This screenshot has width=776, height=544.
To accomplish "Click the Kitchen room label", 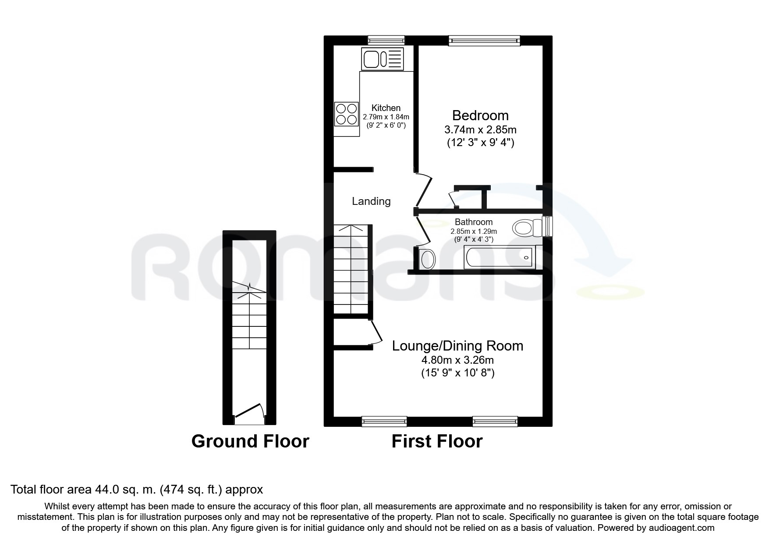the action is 386,108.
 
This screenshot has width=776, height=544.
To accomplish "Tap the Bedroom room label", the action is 480,115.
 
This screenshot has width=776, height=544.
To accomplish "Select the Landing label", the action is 371,201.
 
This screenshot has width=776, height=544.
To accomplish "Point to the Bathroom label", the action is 474,222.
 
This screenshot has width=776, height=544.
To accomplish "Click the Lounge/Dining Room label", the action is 457,346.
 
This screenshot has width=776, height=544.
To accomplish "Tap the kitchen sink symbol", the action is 382,59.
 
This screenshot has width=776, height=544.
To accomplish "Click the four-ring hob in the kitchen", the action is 346,114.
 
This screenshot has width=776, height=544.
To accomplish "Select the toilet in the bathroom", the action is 528,227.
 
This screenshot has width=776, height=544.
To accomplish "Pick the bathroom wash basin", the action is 426,259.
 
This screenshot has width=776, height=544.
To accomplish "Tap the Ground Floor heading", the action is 250,441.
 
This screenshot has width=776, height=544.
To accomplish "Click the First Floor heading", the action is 437,441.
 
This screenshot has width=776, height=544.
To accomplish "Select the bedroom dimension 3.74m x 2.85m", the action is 480,130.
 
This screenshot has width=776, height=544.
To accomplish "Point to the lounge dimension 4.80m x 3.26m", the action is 457,361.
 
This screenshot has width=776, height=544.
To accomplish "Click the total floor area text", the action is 137,490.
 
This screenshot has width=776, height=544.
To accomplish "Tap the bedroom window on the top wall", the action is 484,41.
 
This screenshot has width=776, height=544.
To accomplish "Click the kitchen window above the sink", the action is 386,41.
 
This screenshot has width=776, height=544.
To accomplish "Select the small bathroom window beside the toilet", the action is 547,226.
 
